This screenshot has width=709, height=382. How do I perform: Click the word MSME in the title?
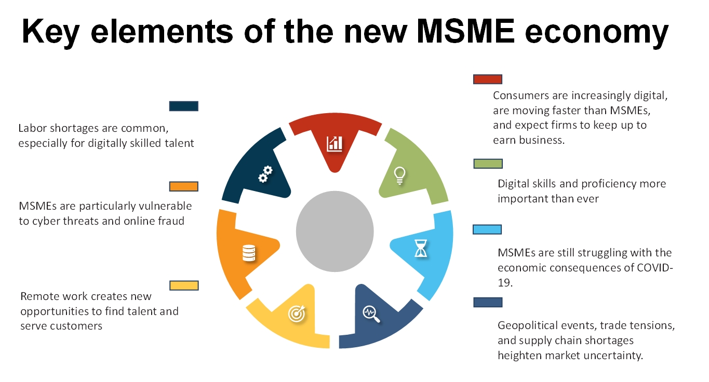coord(465,31)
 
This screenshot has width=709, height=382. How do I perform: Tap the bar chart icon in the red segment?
coord(335,144)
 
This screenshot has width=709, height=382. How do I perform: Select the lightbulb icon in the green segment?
coord(399,175)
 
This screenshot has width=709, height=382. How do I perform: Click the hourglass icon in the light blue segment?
coord(421,248)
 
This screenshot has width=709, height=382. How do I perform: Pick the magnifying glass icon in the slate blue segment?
coord(371,313)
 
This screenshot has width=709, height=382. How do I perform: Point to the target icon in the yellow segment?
coord(297,313)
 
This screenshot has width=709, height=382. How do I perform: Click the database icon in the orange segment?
coord(249,253)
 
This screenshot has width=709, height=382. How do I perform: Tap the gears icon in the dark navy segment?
coord(265,174)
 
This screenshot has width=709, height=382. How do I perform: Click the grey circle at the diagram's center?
coord(335,231)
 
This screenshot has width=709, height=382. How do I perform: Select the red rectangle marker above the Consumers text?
coord(487,79)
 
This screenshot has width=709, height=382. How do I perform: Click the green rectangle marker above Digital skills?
coord(488,163)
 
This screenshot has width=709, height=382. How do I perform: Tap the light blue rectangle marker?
coord(487,229)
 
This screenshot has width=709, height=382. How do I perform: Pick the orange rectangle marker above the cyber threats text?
coord(183,186)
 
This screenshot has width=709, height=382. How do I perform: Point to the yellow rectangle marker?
coord(184,285)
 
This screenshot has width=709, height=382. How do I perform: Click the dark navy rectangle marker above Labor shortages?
coord(183,106)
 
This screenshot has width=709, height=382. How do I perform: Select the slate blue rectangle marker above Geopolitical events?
coord(488,302)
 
